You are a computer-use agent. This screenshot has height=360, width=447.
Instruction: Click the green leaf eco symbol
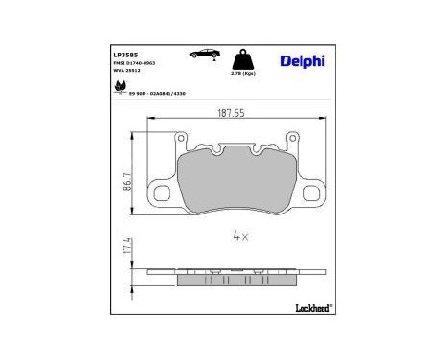[120, 87]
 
